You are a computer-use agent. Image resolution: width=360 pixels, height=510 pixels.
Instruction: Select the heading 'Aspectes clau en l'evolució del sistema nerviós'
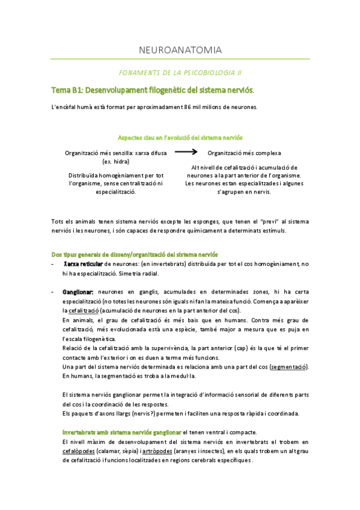click(x=180, y=138)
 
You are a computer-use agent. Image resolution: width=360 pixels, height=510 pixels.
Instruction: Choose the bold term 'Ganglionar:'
click(x=79, y=292)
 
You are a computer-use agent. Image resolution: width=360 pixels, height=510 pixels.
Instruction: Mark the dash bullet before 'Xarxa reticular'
click(x=54, y=264)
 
